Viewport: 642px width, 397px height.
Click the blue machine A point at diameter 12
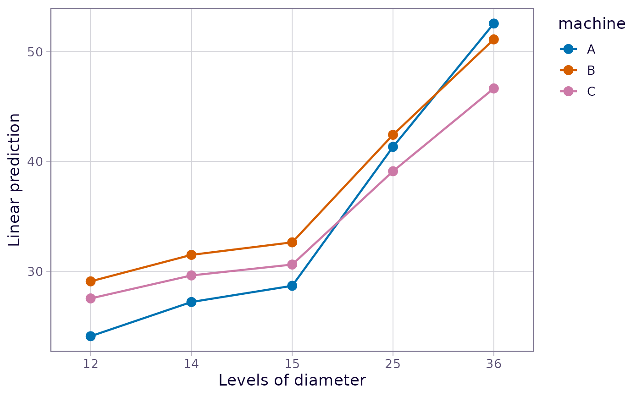pos(91,336)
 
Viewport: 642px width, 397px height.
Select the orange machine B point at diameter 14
pos(191,254)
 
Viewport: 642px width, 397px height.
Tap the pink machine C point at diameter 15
pos(292,265)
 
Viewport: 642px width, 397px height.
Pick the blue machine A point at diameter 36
pos(493,23)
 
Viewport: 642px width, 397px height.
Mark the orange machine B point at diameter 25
pos(393,135)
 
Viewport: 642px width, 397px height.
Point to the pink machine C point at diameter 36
pos(493,88)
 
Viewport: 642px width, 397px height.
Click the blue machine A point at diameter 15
pos(292,286)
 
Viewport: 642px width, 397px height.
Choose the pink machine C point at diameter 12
pos(91,298)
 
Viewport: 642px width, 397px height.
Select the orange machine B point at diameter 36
pos(493,39)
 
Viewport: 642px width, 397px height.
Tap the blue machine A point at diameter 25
pos(393,147)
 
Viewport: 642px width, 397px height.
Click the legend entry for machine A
pos(577,49)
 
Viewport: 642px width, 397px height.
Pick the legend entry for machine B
pos(577,70)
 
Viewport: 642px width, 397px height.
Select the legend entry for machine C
pos(577,91)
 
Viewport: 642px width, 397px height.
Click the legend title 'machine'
pos(592,23)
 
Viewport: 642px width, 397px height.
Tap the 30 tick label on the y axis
pos(35,271)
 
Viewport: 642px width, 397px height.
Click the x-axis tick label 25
pos(393,364)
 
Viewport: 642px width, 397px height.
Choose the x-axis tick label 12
pos(91,364)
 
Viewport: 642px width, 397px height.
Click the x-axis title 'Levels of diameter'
pos(293,380)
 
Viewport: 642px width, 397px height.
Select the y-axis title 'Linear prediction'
pos(14,180)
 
